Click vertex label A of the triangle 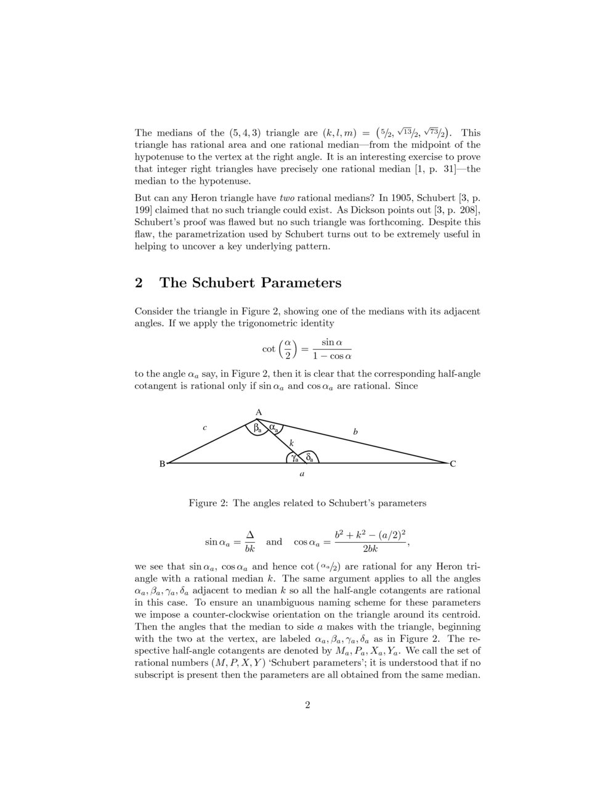[259, 413]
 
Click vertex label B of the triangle [162, 464]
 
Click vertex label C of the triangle [453, 464]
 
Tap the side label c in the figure [205, 427]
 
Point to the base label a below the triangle [302, 474]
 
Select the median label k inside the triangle [291, 443]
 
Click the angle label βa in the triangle [258, 426]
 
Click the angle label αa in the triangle [274, 427]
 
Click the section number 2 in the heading [139, 283]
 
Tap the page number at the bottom [307, 705]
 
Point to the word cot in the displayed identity [269, 349]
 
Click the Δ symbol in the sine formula [250, 535]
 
